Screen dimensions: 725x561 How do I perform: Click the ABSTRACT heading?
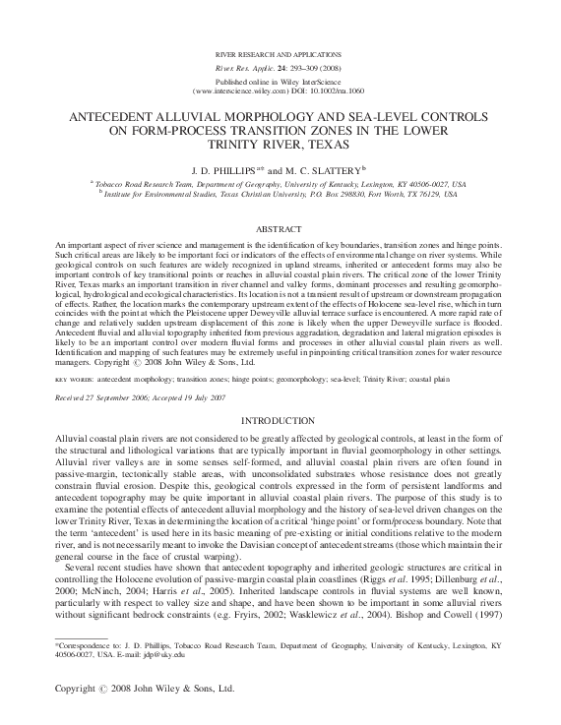[x=280, y=228]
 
